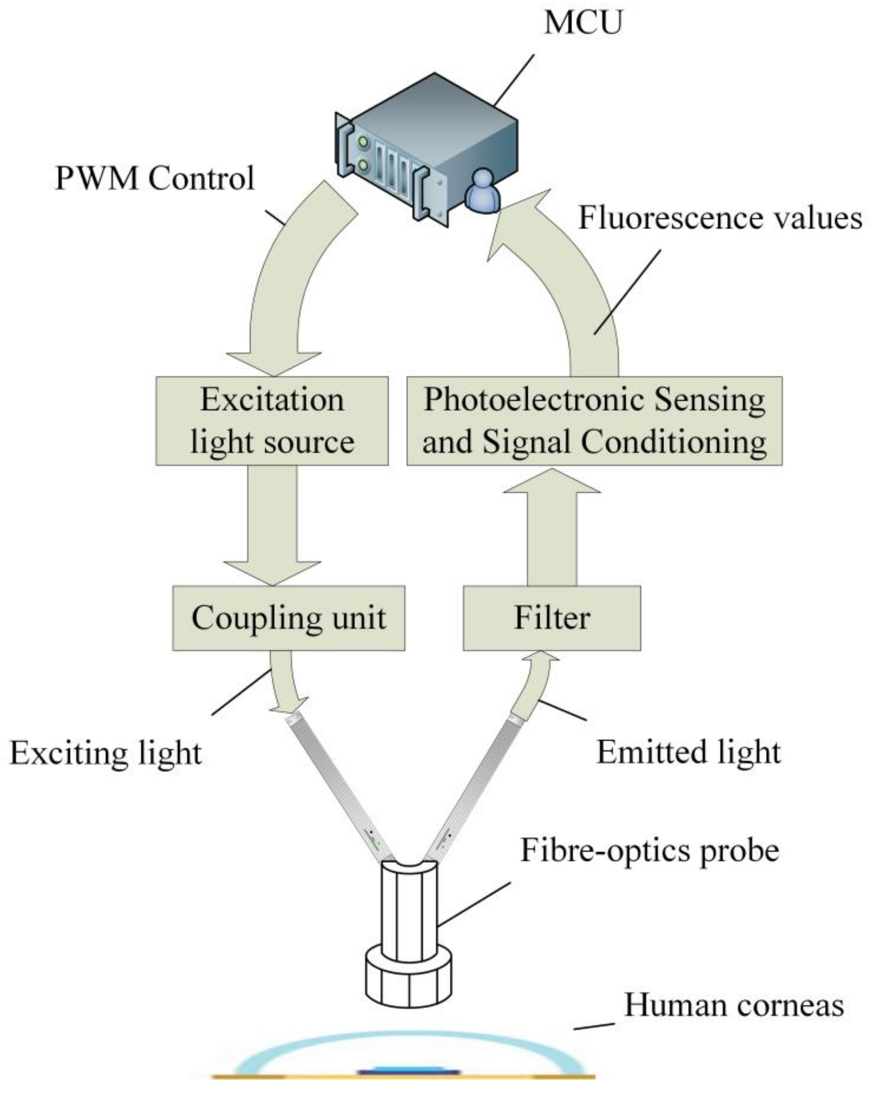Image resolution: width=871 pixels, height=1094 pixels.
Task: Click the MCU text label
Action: (582, 23)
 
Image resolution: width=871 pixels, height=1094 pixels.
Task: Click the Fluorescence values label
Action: (720, 218)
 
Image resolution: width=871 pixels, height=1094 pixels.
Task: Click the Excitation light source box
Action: (272, 421)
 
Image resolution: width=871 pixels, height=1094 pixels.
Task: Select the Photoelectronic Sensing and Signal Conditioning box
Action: (594, 421)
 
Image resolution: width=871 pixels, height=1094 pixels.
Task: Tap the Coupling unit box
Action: (288, 618)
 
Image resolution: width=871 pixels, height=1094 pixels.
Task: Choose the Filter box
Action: (551, 618)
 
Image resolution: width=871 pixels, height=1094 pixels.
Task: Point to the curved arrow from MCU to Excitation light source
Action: (284, 284)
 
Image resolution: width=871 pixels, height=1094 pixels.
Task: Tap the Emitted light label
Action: (688, 751)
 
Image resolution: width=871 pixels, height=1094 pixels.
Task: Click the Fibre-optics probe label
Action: (649, 850)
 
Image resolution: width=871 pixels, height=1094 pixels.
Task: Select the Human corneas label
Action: (734, 1004)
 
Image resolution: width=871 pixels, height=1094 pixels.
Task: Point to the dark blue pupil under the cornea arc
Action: (409, 1072)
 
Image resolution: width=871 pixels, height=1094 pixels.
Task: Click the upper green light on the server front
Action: (362, 142)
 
